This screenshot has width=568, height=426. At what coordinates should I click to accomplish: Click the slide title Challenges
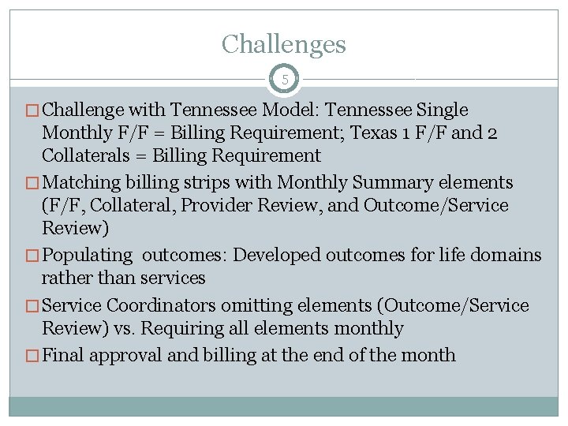(x=284, y=43)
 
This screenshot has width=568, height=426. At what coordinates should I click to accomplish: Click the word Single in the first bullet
(x=442, y=110)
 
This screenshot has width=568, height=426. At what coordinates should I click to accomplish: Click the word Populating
(x=88, y=256)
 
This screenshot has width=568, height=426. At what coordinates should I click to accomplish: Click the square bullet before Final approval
(x=32, y=356)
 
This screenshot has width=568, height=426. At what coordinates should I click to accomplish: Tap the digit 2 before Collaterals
(x=492, y=133)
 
